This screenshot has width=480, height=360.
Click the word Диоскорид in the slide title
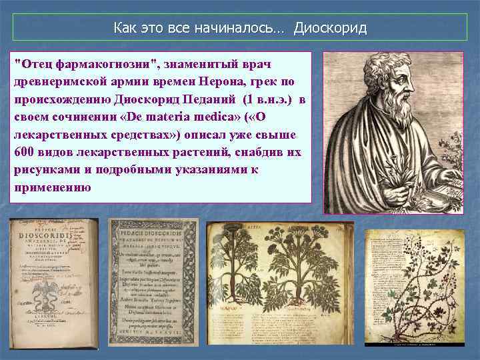[x=330, y=29]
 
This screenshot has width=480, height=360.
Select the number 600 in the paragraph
[x=22, y=152]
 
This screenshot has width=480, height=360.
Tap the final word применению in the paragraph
[x=52, y=187]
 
